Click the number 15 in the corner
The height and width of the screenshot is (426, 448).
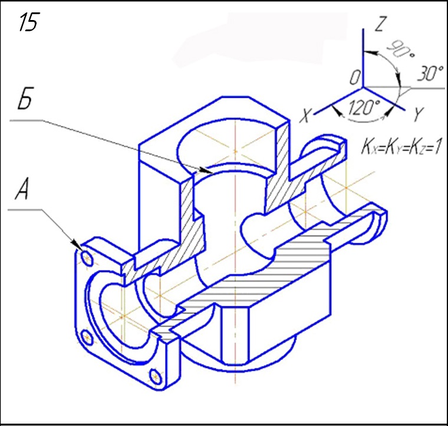click(28, 23)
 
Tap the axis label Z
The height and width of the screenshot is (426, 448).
click(380, 24)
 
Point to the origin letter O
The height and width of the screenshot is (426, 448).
click(354, 77)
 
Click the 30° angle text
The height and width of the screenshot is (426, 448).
click(430, 74)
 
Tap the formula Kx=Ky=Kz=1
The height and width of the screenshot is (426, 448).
click(400, 147)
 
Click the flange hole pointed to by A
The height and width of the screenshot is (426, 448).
click(86, 258)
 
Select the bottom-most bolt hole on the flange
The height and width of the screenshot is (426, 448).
click(156, 375)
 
